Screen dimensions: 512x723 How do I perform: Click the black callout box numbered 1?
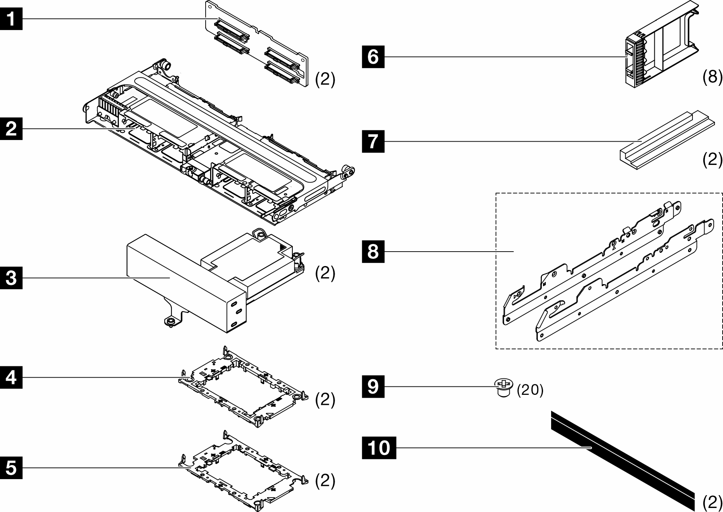tap(11, 18)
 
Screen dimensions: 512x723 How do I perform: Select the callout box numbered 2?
tap(11, 129)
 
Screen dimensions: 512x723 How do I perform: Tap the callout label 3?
tap(11, 277)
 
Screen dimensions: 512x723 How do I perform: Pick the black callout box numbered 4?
tap(11, 377)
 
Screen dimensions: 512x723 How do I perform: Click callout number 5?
tap(11, 468)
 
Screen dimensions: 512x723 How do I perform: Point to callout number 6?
tap(373, 57)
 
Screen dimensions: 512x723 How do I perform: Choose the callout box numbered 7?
tap(373, 141)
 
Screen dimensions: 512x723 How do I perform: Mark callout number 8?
tap(373, 252)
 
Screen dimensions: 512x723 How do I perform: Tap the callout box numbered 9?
tap(373, 387)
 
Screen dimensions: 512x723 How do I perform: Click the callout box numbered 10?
tap(379, 447)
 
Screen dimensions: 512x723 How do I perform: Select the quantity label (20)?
tap(530, 390)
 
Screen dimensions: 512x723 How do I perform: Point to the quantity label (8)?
tap(712, 76)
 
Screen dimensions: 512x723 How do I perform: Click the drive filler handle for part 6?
tap(635, 61)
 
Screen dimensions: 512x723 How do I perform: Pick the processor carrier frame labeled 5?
tap(243, 469)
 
